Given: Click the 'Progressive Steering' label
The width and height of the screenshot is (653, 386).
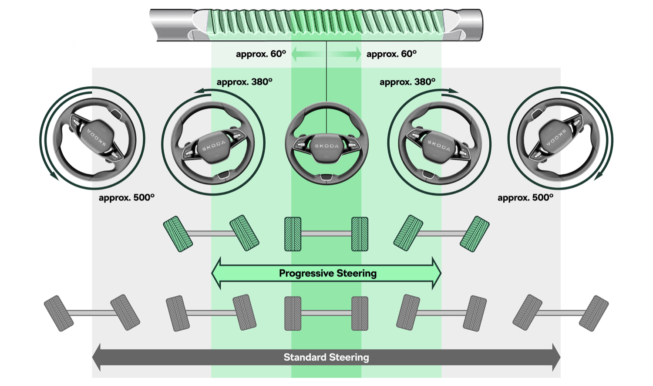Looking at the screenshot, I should click(327, 273).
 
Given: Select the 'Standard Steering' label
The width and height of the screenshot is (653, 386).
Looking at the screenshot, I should click(326, 357).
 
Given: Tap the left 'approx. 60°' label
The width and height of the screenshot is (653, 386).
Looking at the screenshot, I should click(261, 54).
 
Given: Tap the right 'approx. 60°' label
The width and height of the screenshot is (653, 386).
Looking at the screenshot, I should click(391, 54).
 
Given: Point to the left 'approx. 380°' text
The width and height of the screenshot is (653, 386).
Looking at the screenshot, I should click(244, 82).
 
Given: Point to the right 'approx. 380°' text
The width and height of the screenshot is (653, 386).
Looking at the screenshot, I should click(407, 82).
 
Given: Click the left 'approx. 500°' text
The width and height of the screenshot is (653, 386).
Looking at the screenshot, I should click(126, 197).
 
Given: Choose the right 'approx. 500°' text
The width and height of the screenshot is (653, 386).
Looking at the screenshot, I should click(525, 197).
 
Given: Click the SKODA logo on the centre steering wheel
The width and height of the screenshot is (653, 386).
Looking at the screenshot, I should click(326, 146).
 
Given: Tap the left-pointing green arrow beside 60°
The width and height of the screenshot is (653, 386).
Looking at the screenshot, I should click(305, 54).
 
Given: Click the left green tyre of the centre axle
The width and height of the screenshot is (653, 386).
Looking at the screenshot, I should click(293, 234).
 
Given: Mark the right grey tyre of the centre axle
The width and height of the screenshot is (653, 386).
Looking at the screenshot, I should click(360, 313).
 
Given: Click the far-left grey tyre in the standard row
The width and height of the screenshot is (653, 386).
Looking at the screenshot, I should click(59, 313).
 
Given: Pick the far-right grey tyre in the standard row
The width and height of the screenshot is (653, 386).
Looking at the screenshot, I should click(594, 313).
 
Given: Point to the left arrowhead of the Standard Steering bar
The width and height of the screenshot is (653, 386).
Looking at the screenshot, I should click(97, 357).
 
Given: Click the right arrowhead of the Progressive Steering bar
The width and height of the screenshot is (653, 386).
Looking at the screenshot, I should click(436, 273).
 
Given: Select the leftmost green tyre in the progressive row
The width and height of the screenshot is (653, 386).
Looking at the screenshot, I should click(178, 234).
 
